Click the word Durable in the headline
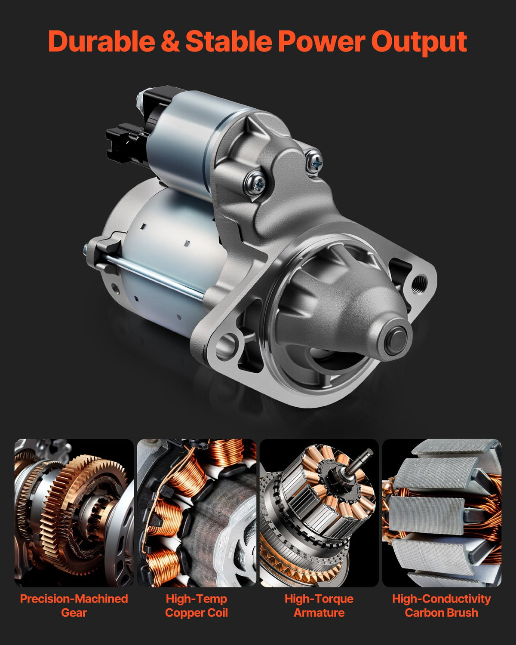coord(101,41)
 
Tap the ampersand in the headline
coord(170,41)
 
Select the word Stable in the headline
coord(228,41)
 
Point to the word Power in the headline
coord(322,41)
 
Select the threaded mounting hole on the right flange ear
coord(418,283)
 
